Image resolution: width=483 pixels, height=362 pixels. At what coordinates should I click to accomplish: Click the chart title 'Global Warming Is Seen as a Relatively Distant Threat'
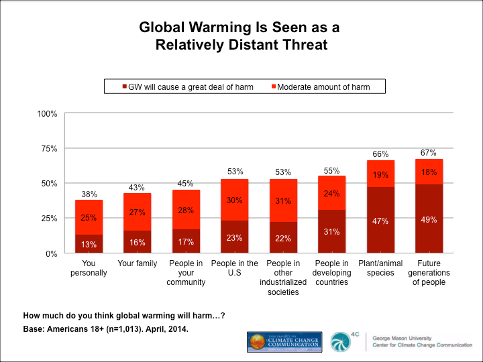pos(241,36)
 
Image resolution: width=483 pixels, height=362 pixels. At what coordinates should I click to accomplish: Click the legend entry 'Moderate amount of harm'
pos(323,86)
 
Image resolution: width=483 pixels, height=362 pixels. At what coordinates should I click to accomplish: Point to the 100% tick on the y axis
pos(48,113)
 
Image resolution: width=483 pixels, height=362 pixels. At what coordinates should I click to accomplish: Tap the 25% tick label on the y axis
pos(50,219)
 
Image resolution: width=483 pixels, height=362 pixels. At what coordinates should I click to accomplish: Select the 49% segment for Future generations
pos(429,219)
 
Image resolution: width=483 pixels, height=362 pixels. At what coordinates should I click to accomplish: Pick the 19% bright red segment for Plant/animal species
pos(380,174)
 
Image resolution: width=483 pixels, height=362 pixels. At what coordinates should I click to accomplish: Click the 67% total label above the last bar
pos(429,152)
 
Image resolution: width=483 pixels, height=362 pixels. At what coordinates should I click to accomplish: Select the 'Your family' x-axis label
pos(138,263)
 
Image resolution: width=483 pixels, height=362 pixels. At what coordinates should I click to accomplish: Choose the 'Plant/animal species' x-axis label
pos(380,268)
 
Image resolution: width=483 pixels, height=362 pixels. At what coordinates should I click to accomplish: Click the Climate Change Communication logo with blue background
pos(286,341)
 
